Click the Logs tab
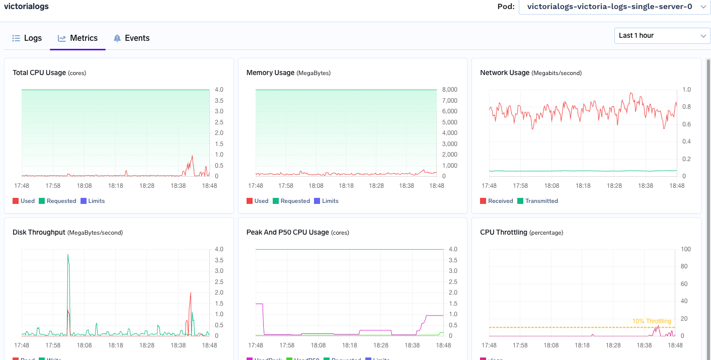(x=27, y=38)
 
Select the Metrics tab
(x=78, y=38)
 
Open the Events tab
(x=131, y=38)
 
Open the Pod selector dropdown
(x=614, y=7)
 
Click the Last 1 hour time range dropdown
(x=662, y=36)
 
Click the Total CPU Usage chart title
(x=39, y=73)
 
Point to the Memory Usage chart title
(x=270, y=73)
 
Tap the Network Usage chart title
(x=505, y=73)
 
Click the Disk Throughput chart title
(x=39, y=232)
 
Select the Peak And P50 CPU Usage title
(x=287, y=232)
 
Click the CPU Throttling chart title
(x=504, y=232)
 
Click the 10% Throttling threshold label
(x=652, y=321)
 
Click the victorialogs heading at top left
(x=26, y=7)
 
